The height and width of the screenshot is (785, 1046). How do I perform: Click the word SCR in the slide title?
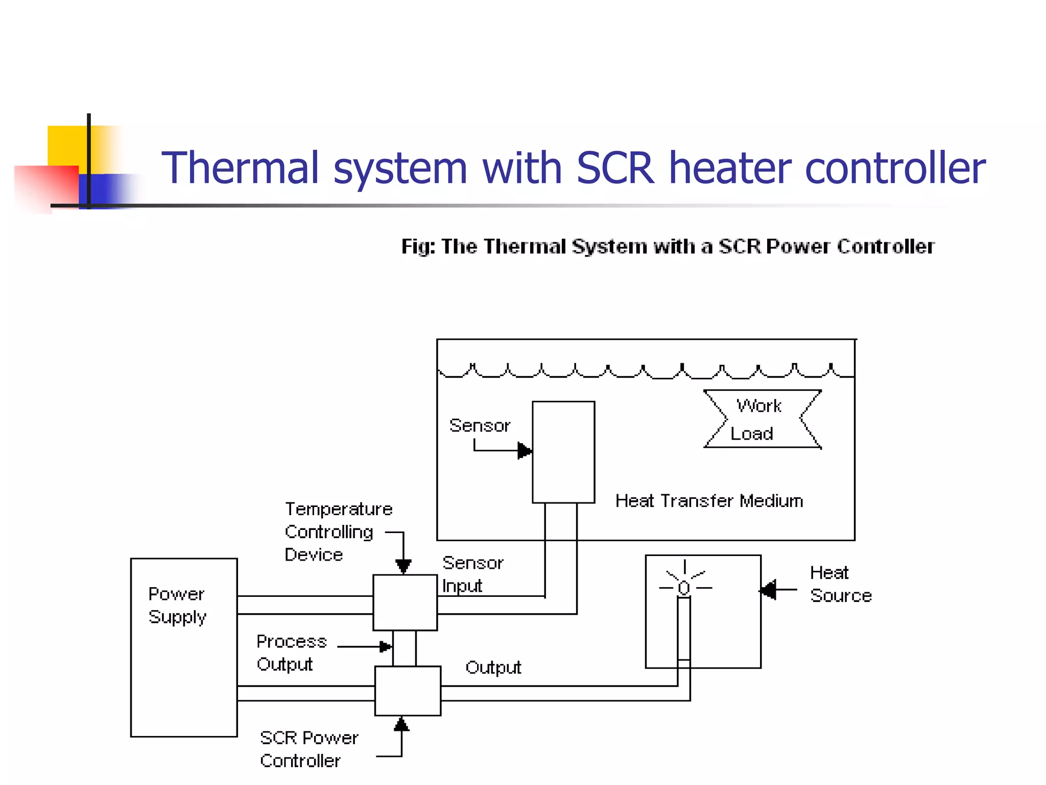[615, 168]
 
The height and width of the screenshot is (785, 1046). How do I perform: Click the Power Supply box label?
[177, 605]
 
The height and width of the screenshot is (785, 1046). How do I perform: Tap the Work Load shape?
[762, 419]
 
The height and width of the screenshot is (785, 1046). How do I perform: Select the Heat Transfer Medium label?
[709, 501]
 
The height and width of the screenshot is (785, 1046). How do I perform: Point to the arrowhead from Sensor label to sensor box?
[525, 451]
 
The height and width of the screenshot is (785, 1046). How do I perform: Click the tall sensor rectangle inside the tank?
[563, 452]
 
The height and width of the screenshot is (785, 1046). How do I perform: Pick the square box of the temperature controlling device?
[405, 602]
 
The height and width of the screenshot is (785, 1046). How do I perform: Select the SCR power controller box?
[408, 690]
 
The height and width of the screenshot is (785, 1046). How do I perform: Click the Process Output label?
[291, 653]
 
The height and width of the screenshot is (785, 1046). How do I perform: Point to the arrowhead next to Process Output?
[386, 647]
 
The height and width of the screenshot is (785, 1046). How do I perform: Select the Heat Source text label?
[840, 584]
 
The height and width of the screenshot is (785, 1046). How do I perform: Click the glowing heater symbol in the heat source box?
[684, 587]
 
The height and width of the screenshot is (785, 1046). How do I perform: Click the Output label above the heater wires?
[493, 667]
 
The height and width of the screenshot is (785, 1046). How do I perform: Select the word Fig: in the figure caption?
[418, 247]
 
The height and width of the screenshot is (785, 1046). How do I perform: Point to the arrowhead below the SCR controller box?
[401, 724]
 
